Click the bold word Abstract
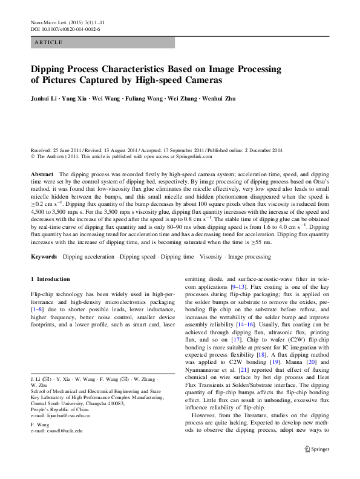coord(42,174)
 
